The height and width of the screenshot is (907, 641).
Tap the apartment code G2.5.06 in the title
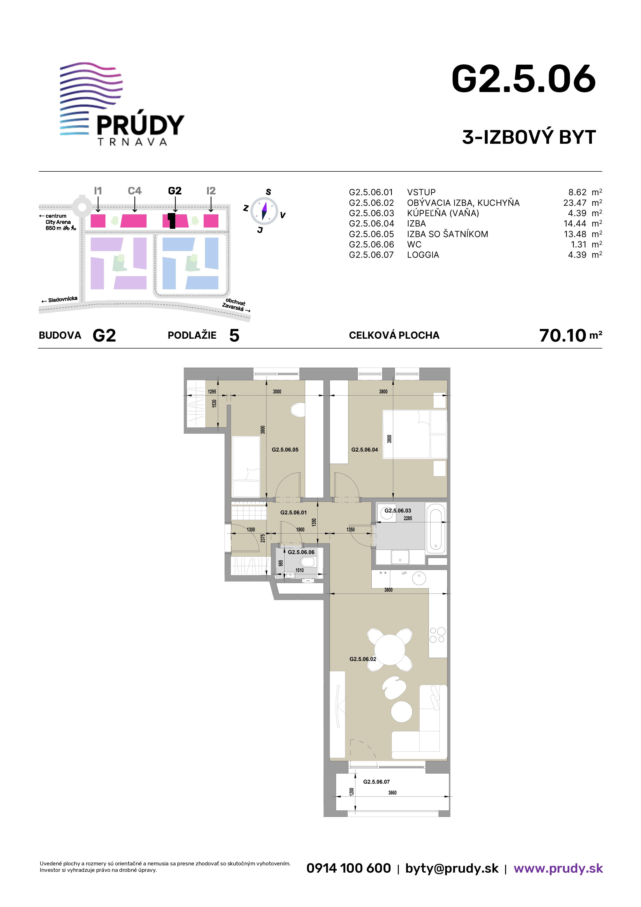click(x=524, y=79)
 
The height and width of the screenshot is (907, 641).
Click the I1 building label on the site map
click(x=98, y=191)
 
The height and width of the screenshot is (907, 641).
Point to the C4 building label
click(x=135, y=191)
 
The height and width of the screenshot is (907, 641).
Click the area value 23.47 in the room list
click(x=575, y=203)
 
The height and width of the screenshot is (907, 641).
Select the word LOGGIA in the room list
click(x=423, y=255)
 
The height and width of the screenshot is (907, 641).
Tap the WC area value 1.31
click(x=579, y=245)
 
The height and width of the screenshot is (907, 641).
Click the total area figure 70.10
click(x=562, y=335)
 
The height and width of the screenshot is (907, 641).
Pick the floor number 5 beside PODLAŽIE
click(x=234, y=335)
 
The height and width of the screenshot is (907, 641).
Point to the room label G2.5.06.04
click(x=364, y=450)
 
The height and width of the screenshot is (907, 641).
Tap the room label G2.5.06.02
click(x=363, y=659)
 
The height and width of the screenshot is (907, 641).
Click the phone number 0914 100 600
click(x=349, y=868)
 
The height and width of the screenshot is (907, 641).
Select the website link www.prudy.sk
click(x=558, y=868)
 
